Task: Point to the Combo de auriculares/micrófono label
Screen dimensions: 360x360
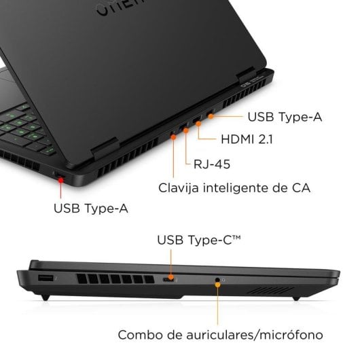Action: [x=215, y=335]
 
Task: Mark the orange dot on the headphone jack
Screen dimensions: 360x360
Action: [x=217, y=279]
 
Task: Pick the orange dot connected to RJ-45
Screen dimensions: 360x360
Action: [x=185, y=128]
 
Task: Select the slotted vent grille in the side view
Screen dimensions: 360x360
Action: [x=111, y=279]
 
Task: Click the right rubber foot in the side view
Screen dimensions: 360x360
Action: [x=298, y=297]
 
